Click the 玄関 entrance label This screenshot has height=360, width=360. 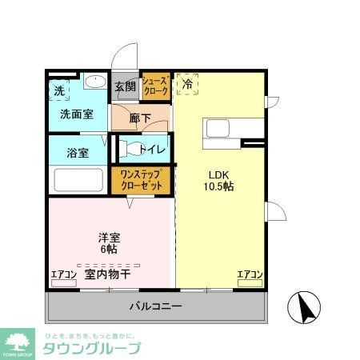point(124,87)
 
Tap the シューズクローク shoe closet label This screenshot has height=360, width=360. point(155,86)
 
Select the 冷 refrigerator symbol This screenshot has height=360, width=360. point(187,83)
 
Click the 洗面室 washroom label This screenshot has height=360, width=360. point(77,114)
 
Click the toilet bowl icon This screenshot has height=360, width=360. point(130,149)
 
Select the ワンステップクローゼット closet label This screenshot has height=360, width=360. point(142,180)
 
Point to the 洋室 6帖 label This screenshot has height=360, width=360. point(110,242)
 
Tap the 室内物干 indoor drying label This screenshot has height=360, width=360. point(108,274)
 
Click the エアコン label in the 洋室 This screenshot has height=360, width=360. point(64,274)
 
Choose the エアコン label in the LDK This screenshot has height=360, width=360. point(250,274)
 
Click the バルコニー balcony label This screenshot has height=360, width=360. point(156,306)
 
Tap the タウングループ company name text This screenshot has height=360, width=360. point(90,349)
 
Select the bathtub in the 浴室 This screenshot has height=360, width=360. point(78,180)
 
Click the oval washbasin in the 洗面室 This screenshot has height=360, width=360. point(94,81)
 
